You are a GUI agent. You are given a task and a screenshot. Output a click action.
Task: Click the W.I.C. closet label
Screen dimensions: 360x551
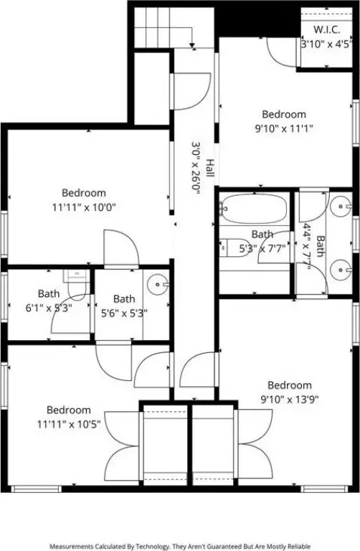click(x=326, y=29)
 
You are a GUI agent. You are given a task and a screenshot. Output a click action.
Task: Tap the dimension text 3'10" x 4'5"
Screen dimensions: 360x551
click(x=326, y=44)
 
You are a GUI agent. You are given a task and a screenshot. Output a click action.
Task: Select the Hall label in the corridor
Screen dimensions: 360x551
click(x=209, y=168)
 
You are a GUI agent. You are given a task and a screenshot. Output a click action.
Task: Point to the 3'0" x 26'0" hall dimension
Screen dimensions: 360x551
click(x=195, y=168)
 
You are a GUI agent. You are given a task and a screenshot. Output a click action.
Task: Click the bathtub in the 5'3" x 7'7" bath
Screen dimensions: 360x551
click(x=254, y=209)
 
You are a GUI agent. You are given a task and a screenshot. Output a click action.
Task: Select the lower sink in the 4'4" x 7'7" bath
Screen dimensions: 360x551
click(x=341, y=270)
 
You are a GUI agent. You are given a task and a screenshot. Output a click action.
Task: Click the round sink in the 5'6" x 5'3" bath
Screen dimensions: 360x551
click(x=158, y=284)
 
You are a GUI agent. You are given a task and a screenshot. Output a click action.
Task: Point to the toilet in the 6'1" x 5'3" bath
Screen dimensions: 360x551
click(x=76, y=286)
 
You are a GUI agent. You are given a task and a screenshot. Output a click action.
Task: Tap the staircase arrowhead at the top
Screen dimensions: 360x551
click(x=192, y=45)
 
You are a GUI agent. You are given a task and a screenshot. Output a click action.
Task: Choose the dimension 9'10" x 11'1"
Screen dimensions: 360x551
click(x=284, y=128)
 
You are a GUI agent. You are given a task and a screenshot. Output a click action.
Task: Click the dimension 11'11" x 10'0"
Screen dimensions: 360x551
click(x=84, y=207)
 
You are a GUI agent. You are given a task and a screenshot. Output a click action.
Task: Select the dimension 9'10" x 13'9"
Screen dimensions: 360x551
click(x=290, y=400)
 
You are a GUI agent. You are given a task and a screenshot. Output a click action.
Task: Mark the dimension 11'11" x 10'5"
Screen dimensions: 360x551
click(x=69, y=424)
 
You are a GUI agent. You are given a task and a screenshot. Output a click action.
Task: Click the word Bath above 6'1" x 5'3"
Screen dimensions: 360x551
click(x=49, y=293)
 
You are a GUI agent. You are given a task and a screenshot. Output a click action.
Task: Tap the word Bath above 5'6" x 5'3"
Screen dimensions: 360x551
click(x=124, y=299)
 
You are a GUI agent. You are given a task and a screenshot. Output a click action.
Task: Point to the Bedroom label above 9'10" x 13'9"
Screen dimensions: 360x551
click(x=290, y=385)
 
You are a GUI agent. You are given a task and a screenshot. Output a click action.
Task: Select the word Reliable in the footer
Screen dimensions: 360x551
click(x=299, y=547)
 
